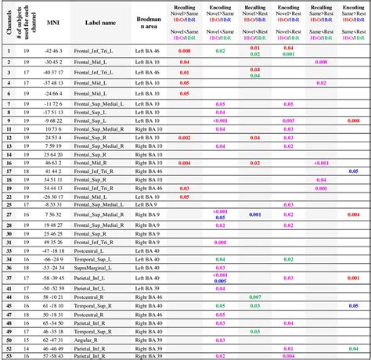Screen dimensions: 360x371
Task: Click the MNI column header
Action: pos(53,23)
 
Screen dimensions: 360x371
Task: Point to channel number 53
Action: pos(8,356)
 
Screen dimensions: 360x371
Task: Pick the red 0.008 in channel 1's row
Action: pos(184,51)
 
